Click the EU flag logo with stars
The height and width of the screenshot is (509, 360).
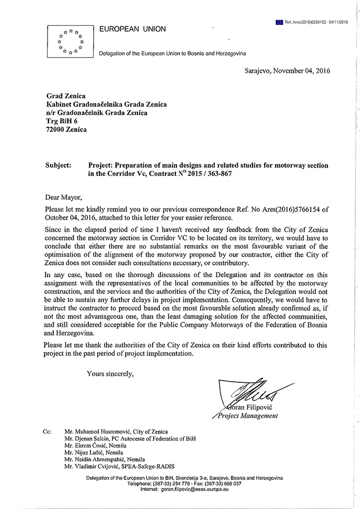click(71, 40)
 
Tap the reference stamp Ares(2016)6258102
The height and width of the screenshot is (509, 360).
click(317, 22)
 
